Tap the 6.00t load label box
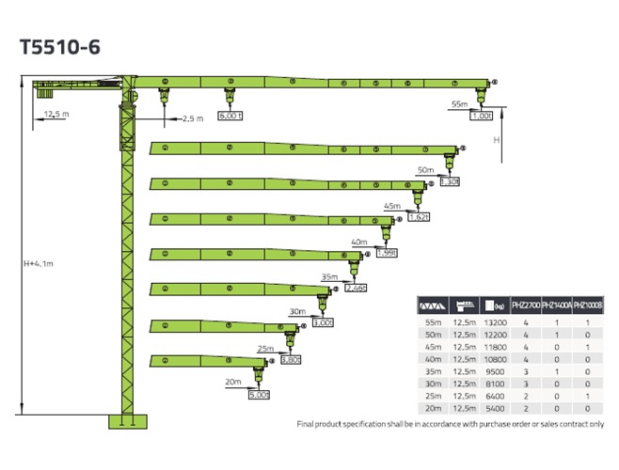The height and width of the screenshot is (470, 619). (x=231, y=117)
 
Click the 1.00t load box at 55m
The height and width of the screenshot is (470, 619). (x=482, y=117)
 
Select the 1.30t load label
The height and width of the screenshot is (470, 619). (x=449, y=181)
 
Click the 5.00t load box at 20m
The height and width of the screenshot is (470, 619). (x=259, y=395)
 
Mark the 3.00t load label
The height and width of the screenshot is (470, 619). (x=323, y=322)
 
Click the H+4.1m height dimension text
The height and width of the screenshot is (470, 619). (x=39, y=263)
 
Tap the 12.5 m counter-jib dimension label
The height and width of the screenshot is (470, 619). (x=56, y=115)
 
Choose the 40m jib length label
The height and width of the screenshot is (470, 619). (x=358, y=242)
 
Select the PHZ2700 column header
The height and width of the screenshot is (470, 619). (x=524, y=305)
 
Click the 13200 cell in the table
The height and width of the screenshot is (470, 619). (x=495, y=322)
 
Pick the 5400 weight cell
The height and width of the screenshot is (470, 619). (x=495, y=409)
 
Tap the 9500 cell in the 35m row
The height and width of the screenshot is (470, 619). (x=495, y=371)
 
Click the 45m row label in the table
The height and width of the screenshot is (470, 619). (x=432, y=347)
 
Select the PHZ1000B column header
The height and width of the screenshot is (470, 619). (x=587, y=305)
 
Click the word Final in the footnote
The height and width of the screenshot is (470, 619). (x=307, y=424)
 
